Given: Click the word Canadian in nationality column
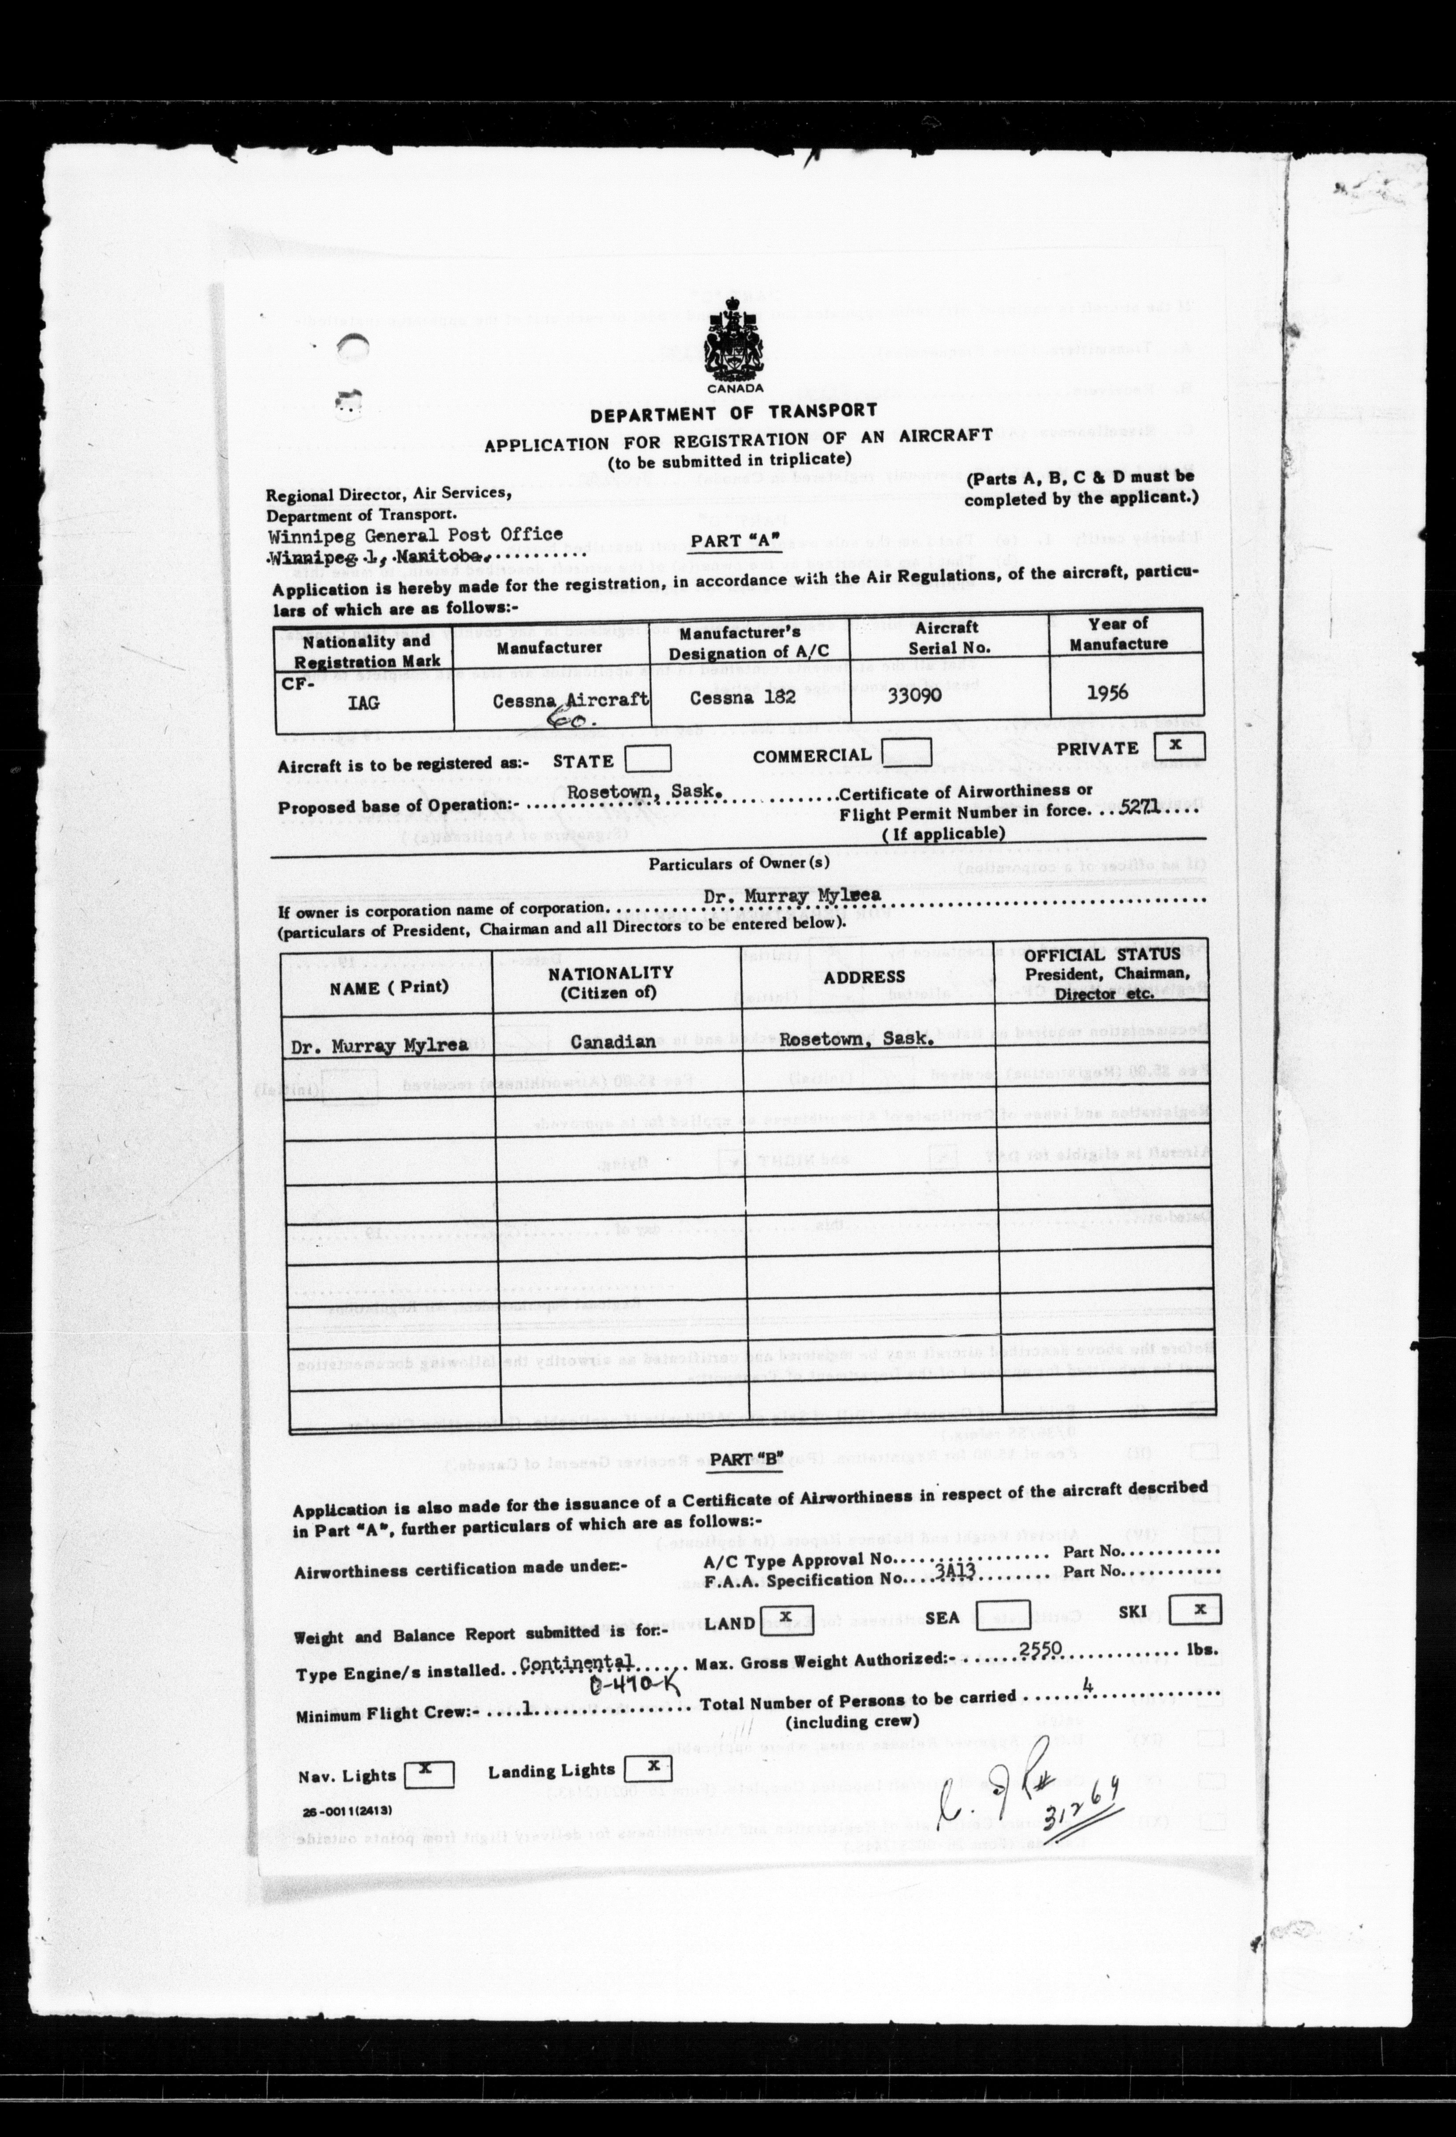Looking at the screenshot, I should tap(613, 1042).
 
